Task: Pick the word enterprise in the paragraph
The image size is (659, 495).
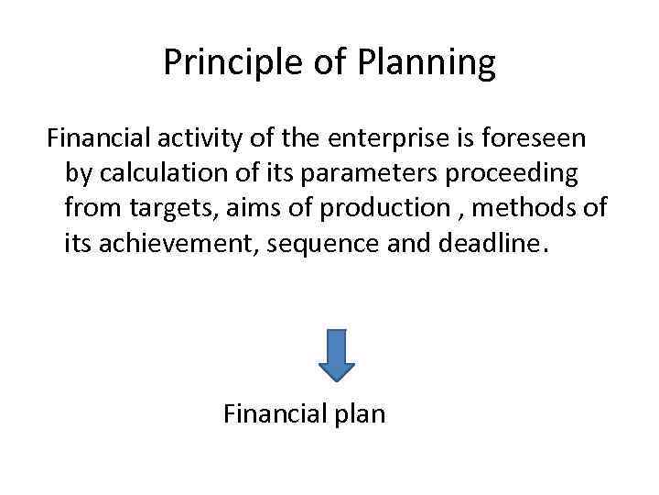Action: [377, 139]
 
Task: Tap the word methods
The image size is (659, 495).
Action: [528, 209]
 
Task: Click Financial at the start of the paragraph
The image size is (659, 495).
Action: [96, 139]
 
